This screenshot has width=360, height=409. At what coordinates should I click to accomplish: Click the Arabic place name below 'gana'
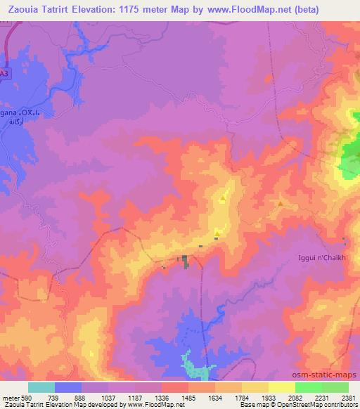[10, 121]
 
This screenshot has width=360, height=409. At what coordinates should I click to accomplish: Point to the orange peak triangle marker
[281, 204]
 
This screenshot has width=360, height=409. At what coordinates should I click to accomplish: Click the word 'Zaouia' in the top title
[25, 10]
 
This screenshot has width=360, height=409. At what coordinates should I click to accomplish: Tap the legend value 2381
[349, 397]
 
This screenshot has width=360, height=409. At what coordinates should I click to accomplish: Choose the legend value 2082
[295, 397]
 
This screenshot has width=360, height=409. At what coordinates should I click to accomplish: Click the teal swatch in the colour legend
[41, 387]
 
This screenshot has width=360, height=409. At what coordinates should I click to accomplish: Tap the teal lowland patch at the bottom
[196, 366]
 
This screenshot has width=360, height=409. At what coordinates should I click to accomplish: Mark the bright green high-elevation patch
[349, 158]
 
